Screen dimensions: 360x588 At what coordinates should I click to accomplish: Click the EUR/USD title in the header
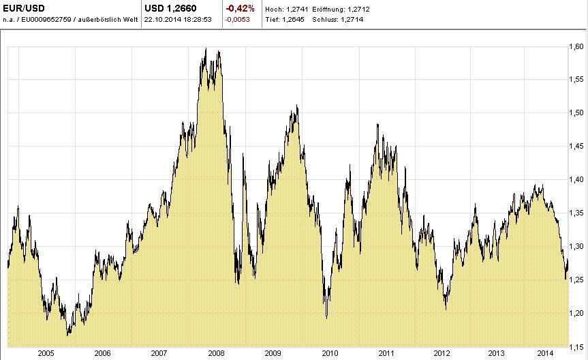[x=25, y=9]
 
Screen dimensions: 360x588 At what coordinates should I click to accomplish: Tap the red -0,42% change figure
[x=241, y=9]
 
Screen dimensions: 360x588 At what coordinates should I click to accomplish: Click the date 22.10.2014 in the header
[x=161, y=20]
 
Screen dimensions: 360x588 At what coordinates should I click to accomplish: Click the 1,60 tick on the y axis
[x=576, y=46]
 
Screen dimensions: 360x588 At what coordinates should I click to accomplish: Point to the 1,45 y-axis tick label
[x=576, y=146]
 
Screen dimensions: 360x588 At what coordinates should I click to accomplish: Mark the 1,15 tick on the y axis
[x=576, y=346]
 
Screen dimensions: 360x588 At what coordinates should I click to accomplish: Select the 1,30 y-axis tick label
[x=576, y=246]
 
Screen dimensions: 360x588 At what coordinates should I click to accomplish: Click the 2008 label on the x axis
[x=216, y=353]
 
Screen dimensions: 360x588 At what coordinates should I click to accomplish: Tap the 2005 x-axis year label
[x=46, y=353]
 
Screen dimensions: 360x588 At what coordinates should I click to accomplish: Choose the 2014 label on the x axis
[x=544, y=353]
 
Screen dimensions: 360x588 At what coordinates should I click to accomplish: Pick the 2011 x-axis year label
[x=386, y=353]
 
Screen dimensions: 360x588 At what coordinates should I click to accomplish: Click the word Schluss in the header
[x=324, y=20]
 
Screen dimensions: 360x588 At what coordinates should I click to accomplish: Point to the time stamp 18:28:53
[x=196, y=20]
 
